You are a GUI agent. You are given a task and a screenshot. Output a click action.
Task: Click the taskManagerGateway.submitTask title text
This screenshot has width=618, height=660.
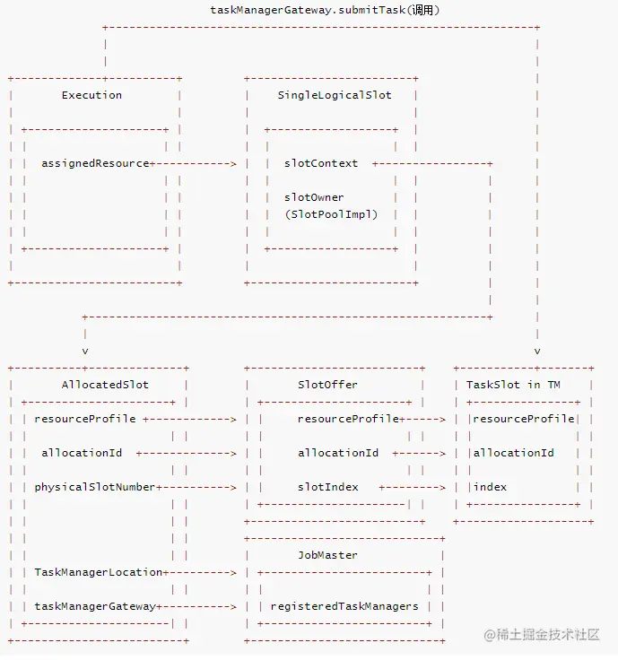click(x=324, y=10)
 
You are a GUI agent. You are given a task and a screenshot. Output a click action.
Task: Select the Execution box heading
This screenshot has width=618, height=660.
click(x=91, y=95)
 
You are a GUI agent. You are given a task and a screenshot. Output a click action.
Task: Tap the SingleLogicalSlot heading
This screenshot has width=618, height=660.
click(x=335, y=95)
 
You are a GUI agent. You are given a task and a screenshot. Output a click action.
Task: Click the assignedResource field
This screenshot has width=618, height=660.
click(x=95, y=163)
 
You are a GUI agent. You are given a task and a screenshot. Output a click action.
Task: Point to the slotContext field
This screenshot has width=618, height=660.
click(x=321, y=163)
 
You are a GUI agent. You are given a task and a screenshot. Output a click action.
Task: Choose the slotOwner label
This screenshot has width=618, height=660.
click(x=314, y=197)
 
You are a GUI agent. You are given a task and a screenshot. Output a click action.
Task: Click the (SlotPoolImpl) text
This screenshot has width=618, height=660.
click(x=331, y=214)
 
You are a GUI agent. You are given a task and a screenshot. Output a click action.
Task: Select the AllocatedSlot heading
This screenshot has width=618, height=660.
click(x=105, y=385)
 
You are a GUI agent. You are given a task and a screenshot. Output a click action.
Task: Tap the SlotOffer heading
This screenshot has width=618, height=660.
click(x=327, y=385)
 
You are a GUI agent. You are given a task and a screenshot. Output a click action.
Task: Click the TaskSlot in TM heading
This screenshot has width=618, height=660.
click(x=513, y=385)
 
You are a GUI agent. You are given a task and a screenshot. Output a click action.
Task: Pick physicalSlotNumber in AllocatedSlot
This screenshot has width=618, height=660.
click(x=95, y=487)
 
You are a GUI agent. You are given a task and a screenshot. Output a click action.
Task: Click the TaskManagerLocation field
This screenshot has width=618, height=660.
click(x=99, y=572)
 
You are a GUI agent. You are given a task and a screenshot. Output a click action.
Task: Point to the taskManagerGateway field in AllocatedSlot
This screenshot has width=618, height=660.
click(x=95, y=606)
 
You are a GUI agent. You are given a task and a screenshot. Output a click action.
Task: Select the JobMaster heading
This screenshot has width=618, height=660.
click(x=327, y=555)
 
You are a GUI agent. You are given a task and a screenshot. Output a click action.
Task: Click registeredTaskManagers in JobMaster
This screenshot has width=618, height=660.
click(x=344, y=606)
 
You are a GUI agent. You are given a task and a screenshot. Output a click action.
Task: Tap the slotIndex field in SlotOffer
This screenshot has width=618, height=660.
click(x=327, y=487)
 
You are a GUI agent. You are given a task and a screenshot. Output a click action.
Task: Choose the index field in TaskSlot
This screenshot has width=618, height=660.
click(x=490, y=487)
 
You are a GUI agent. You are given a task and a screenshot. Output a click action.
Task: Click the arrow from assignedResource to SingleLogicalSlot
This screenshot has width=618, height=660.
click(x=196, y=163)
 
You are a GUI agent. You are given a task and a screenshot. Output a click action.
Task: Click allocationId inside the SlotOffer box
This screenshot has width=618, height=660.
click(x=338, y=453)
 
